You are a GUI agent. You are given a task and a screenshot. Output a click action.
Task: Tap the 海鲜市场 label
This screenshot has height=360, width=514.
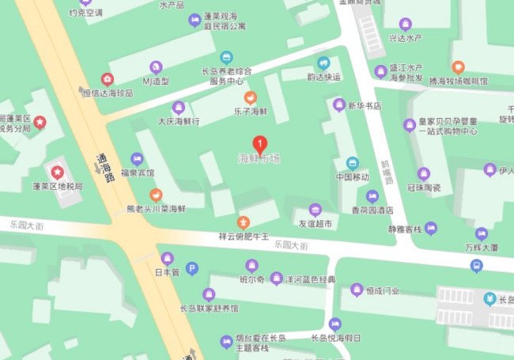[x=259, y=158]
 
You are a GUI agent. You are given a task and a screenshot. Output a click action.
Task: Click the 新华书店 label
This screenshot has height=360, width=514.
[x=365, y=105]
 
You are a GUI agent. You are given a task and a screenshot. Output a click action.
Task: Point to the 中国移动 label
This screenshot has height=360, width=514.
[x=352, y=176]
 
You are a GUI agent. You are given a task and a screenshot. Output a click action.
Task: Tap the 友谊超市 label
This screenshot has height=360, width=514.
[x=315, y=224]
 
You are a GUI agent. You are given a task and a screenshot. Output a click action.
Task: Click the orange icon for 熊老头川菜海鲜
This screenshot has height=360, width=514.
[x=156, y=194]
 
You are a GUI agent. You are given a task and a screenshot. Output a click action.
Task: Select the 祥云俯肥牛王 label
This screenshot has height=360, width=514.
[x=244, y=236]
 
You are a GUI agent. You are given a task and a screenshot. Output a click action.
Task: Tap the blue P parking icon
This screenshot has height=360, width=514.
[x=191, y=269]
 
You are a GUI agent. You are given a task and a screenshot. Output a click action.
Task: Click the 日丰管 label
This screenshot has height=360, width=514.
[x=167, y=272]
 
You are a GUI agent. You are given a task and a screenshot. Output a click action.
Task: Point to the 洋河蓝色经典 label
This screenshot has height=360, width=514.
[x=309, y=279]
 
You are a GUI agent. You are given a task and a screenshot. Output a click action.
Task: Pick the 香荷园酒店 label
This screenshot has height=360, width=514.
[x=372, y=210]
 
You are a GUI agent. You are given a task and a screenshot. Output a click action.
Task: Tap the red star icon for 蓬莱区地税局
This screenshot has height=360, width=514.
[x=57, y=172]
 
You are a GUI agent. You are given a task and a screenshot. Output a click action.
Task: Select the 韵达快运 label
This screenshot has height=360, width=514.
[x=323, y=77]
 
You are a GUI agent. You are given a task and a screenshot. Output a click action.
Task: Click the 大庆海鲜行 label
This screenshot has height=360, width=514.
[x=178, y=121]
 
